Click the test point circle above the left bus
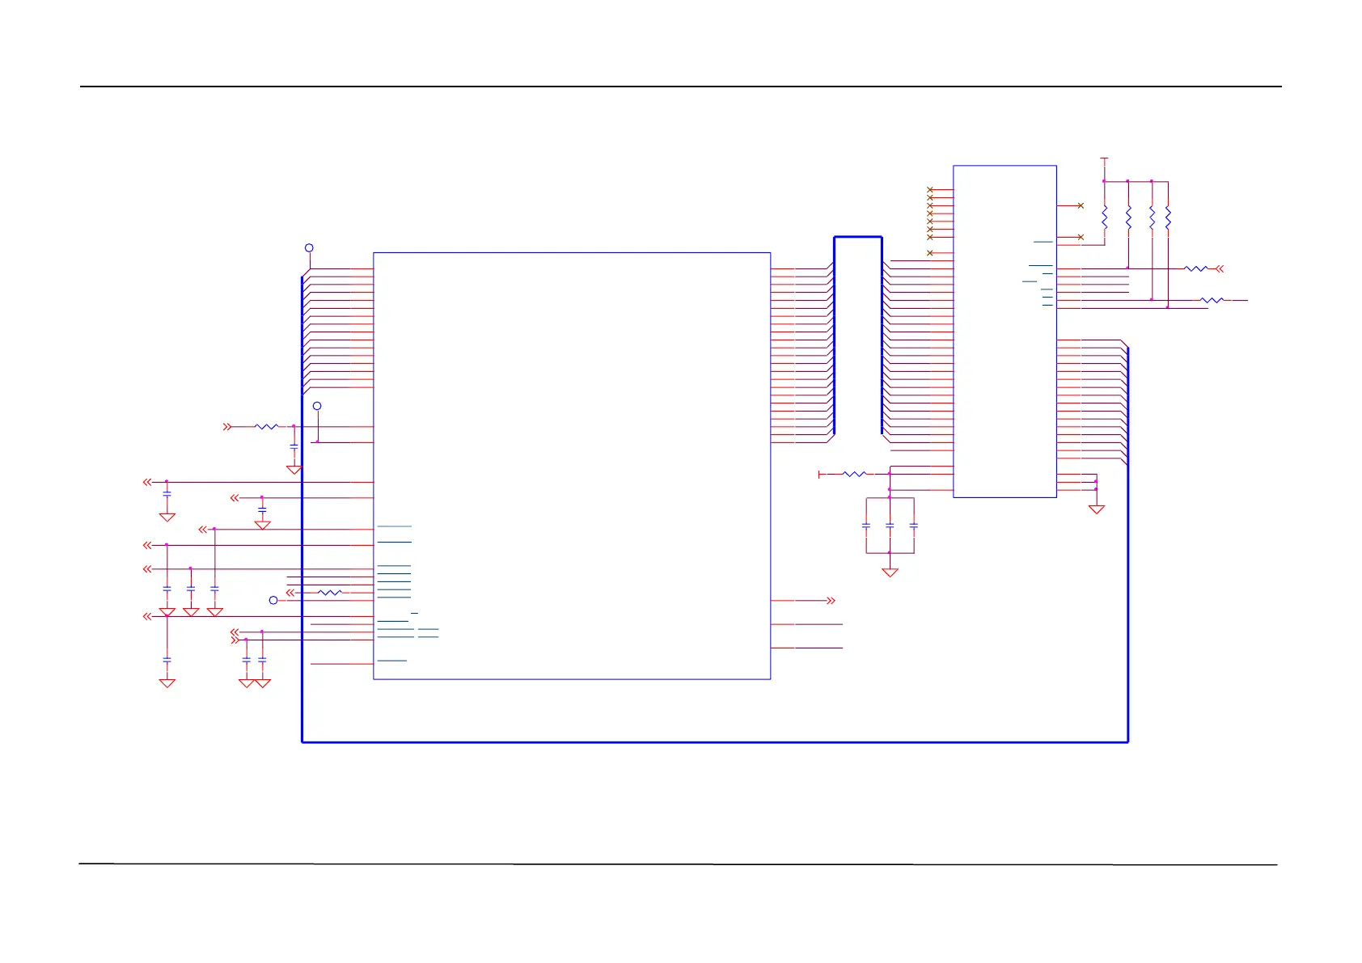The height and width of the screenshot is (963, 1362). click(309, 248)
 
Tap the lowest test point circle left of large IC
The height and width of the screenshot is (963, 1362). click(273, 600)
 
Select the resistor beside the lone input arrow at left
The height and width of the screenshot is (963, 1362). click(266, 426)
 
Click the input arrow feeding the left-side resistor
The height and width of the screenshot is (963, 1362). click(227, 426)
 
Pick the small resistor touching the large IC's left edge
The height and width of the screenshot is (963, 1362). click(329, 593)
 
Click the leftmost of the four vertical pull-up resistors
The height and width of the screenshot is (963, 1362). click(1104, 217)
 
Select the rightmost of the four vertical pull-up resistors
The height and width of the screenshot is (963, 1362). click(1168, 217)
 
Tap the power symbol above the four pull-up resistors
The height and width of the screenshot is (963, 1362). click(1104, 159)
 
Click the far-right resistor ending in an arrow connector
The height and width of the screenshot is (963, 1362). click(1196, 268)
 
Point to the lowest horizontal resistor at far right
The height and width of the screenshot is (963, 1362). click(1212, 300)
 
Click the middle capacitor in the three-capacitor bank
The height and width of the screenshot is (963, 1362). click(890, 526)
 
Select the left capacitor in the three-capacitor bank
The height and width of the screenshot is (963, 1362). click(866, 526)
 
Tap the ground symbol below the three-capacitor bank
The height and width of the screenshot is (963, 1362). click(890, 572)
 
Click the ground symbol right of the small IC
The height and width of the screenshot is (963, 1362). click(1096, 509)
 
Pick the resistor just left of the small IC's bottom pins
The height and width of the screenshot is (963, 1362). click(854, 474)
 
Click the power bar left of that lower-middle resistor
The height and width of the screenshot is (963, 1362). click(820, 474)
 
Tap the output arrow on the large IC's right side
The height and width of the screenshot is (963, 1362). click(830, 601)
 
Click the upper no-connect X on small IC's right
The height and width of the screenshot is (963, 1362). click(1081, 205)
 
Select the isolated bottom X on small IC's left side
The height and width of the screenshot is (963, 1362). click(930, 253)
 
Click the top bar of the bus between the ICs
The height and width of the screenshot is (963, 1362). click(857, 237)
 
